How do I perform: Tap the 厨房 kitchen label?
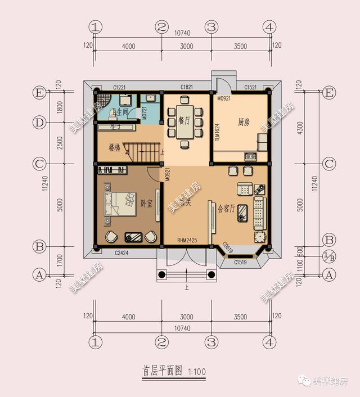[x=244, y=121]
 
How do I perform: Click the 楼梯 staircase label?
[x=115, y=148]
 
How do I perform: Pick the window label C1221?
[x=119, y=87]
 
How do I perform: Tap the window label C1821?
[x=187, y=87]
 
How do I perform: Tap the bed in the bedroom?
[x=119, y=203]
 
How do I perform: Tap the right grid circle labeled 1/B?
[x=328, y=257]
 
